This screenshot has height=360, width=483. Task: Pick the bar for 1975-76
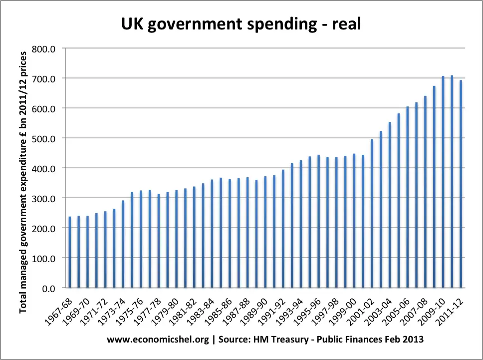pyautogui.click(x=141, y=239)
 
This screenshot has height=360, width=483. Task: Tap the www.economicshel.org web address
pyautogui.click(x=157, y=339)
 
